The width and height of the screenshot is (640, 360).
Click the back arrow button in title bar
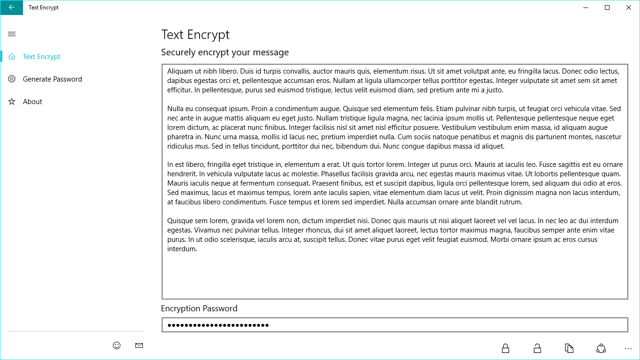click(11, 7)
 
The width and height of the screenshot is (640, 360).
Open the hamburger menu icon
click(12, 34)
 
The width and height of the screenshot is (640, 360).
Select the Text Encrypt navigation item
click(42, 57)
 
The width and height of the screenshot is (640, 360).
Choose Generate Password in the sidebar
click(52, 79)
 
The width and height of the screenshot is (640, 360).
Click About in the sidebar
click(32, 102)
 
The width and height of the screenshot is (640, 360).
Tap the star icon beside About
click(12, 102)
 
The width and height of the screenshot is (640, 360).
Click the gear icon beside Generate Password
click(12, 79)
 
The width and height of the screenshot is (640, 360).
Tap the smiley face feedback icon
click(117, 345)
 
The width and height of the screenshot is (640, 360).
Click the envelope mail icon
click(139, 345)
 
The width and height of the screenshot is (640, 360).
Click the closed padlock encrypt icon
click(506, 348)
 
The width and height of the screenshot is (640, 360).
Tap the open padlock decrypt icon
click(537, 348)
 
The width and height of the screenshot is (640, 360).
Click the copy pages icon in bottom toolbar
click(569, 348)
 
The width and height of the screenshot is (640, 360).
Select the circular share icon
click(601, 348)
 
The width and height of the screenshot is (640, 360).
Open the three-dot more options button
click(628, 349)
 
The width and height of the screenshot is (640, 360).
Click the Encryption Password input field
click(394, 325)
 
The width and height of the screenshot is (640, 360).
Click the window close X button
click(629, 7)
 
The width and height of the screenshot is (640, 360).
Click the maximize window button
click(607, 7)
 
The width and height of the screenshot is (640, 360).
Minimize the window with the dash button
click(586, 7)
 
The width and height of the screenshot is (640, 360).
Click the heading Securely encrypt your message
click(225, 52)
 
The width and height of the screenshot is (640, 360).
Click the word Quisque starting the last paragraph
click(180, 221)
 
